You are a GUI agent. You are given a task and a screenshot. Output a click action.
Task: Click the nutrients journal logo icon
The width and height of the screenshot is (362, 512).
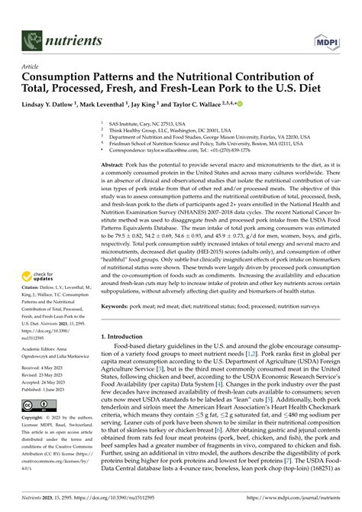click(x=31, y=37)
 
